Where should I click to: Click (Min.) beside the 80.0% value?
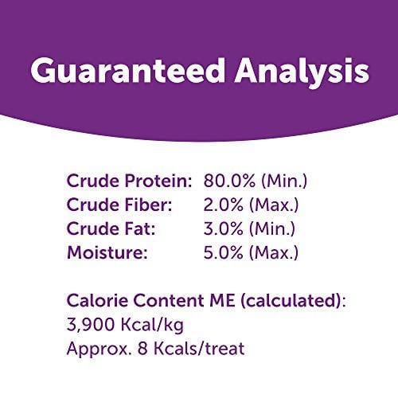(x=281, y=181)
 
